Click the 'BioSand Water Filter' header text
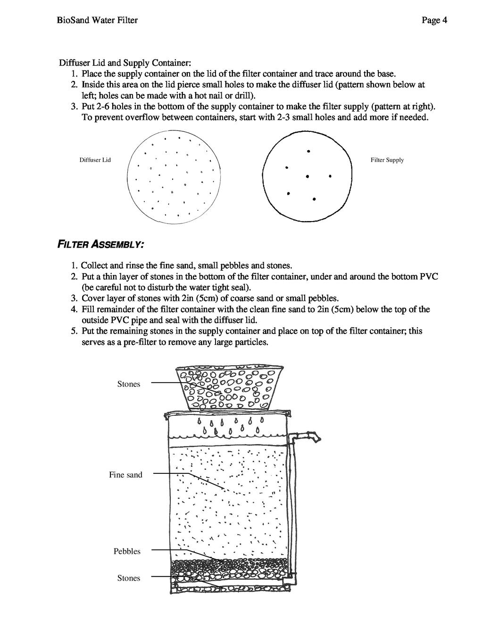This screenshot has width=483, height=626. click(97, 20)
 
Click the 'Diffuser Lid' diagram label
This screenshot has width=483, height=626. click(95, 160)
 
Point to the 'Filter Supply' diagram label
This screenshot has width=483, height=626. click(387, 160)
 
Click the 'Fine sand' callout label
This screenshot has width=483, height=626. click(125, 475)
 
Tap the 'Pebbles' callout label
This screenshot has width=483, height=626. click(127, 551)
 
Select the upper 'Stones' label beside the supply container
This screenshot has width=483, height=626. click(129, 384)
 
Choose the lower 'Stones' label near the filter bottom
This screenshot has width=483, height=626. click(129, 578)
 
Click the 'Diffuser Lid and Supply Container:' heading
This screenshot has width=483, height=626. click(125, 63)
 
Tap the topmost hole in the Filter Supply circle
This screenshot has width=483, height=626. click(308, 151)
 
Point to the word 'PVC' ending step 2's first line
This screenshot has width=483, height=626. click(429, 277)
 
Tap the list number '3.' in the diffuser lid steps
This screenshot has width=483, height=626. click(75, 106)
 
